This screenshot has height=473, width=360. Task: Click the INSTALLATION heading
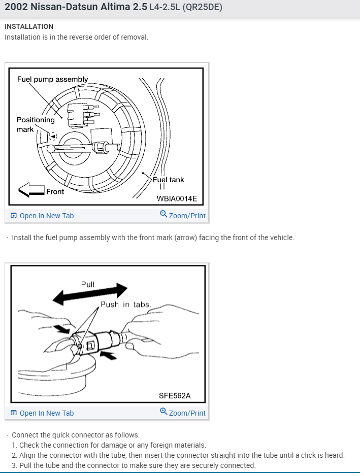point(29,26)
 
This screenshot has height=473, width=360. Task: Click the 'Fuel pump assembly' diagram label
point(52,79)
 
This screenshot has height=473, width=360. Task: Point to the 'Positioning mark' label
point(35,124)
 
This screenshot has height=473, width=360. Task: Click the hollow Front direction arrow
point(31,191)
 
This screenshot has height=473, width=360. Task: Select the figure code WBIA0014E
point(177,198)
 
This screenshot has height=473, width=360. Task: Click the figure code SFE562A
point(175,396)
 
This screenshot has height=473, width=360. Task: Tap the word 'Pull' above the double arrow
point(88,284)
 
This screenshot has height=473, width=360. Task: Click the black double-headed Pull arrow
point(91,294)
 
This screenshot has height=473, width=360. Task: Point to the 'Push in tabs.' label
point(125,305)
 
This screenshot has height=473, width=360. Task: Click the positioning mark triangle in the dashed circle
point(53,136)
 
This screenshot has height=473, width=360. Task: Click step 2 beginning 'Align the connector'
point(178,455)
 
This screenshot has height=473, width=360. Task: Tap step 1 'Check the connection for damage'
point(109,445)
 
